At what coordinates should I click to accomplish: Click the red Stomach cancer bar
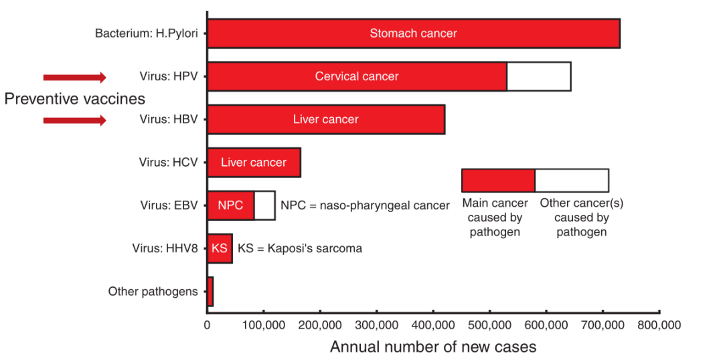coord(413,33)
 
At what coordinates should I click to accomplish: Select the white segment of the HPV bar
coord(539,76)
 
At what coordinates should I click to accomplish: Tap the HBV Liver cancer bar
coord(326,120)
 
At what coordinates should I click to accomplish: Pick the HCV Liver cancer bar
coord(254,163)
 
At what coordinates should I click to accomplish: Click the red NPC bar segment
coord(231,205)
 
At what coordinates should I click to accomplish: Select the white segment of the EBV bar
coord(264,205)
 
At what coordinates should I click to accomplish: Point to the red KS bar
coord(220,248)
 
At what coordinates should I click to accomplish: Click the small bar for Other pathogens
coord(210,291)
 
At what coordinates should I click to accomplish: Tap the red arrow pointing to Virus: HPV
coord(74,77)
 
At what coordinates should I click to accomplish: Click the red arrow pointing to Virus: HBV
coord(74,120)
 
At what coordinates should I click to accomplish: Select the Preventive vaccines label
coord(74,99)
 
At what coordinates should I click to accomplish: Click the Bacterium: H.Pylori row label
coord(146,33)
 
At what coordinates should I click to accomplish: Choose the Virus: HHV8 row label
coord(165,248)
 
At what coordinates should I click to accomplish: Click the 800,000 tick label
coord(659,326)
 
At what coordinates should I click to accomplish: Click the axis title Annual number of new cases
coord(433,347)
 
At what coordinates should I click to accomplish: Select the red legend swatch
coord(498,180)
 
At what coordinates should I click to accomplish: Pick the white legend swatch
coord(572,180)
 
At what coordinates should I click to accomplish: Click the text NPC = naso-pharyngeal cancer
coord(365,205)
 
